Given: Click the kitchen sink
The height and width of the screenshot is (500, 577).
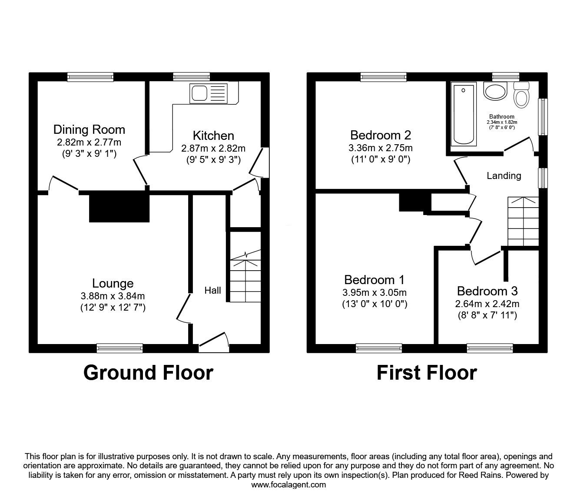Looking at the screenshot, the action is (x=209, y=93).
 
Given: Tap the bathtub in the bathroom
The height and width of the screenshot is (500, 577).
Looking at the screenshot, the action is (x=464, y=115).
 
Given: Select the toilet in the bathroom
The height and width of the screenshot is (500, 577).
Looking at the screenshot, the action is (x=521, y=94).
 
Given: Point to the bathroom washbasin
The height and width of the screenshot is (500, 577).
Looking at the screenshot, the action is (x=495, y=91).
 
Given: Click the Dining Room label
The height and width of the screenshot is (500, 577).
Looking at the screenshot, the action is (x=89, y=129).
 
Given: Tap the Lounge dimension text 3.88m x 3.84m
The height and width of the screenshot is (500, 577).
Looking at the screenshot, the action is (x=113, y=296).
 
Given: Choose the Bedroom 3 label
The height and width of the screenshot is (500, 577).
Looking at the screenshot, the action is (x=487, y=291).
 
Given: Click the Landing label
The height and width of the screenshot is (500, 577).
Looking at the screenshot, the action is (x=504, y=175).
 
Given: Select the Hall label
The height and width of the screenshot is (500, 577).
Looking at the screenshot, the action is (x=212, y=290).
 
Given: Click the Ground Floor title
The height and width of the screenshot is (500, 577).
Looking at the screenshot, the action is (x=148, y=373).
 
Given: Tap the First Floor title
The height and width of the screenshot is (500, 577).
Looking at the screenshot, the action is (x=427, y=373).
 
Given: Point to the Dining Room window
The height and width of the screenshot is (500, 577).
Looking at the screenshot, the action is (x=90, y=77).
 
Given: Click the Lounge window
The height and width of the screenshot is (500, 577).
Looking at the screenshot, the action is (x=120, y=348).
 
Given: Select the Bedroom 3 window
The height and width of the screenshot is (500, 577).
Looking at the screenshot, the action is (x=490, y=348).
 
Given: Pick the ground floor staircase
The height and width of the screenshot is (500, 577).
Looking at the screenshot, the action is (x=245, y=276).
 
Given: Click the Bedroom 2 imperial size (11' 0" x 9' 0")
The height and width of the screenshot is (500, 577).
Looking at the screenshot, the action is (x=381, y=159).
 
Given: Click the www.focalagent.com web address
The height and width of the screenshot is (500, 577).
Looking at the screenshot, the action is (x=288, y=484).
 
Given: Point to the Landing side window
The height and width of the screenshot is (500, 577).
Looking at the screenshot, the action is (x=543, y=178).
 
